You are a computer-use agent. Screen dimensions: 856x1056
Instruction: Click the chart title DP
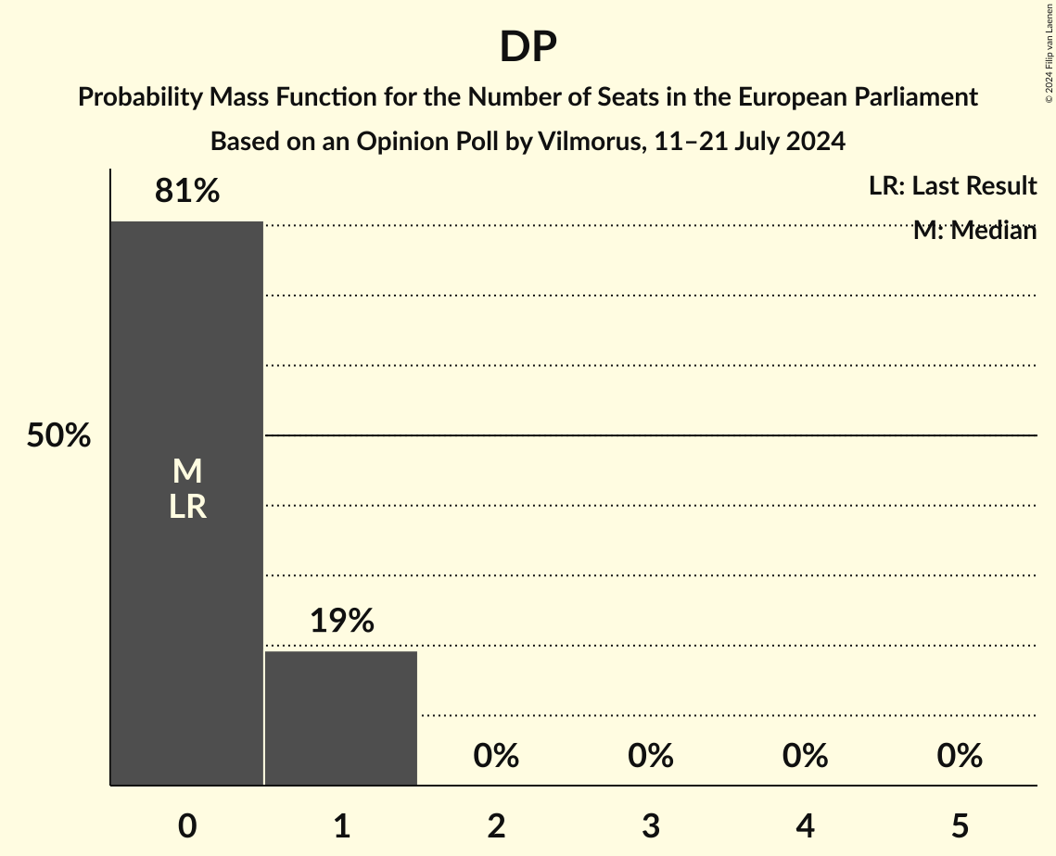click(x=528, y=47)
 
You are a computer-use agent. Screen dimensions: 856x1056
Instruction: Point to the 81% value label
click(x=187, y=191)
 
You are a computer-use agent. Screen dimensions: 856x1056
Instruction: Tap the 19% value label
click(x=341, y=621)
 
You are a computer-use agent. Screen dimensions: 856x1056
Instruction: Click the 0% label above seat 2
click(x=496, y=756)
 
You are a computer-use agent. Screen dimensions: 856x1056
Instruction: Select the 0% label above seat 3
click(x=651, y=756)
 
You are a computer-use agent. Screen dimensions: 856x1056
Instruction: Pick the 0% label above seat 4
click(x=805, y=756)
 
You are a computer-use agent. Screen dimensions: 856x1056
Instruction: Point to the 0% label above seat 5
click(x=960, y=756)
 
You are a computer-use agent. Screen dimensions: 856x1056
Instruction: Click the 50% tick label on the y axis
click(x=58, y=435)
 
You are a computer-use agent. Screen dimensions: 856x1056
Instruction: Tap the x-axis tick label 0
click(x=187, y=825)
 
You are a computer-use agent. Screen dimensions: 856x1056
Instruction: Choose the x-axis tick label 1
click(x=341, y=825)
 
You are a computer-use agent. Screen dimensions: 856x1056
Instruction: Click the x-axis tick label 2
click(x=496, y=825)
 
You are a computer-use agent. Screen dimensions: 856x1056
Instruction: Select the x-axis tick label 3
click(x=651, y=825)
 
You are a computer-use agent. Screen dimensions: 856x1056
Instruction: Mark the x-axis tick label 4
click(x=805, y=825)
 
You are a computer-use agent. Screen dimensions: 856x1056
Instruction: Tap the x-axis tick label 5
click(x=960, y=825)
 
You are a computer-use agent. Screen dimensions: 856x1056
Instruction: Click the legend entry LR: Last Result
click(x=952, y=186)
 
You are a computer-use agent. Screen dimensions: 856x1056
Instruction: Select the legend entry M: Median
click(x=974, y=231)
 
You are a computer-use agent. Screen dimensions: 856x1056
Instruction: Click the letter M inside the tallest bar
click(x=187, y=472)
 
